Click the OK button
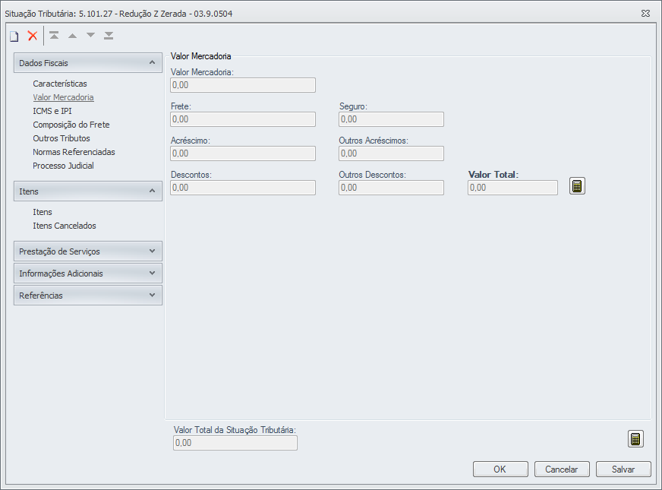point(500,469)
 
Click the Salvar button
point(623,469)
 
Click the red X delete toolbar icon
point(33,36)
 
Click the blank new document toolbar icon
point(14,36)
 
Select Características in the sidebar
point(60,84)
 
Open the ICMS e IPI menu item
point(52,111)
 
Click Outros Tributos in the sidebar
point(61,138)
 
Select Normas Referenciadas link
point(74,152)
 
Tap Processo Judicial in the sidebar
point(63,166)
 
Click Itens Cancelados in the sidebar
point(65,226)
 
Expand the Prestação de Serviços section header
point(87,251)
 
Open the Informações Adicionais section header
point(87,273)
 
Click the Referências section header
point(87,296)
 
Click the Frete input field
point(242,119)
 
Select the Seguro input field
point(391,119)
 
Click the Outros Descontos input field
point(391,188)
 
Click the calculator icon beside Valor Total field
point(578,186)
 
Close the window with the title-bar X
point(645,13)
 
